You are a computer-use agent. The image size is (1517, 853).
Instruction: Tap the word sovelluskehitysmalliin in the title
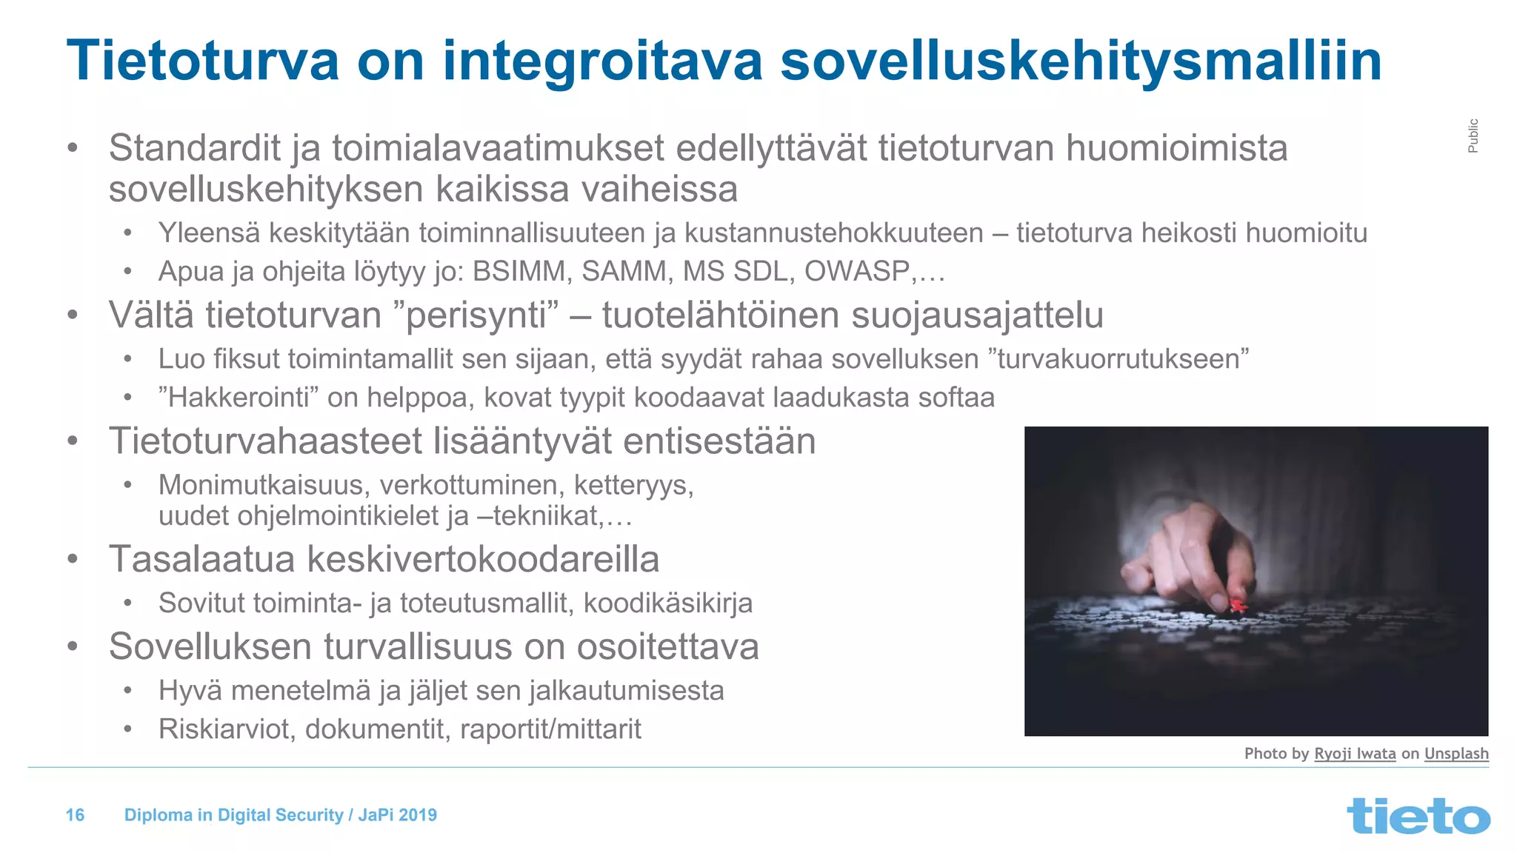1081,61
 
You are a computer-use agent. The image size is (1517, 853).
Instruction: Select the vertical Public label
1473,136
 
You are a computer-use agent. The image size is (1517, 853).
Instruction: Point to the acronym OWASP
857,272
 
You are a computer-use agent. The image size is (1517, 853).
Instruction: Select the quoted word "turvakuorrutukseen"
1118,359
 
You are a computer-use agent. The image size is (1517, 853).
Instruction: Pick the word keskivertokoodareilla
483,559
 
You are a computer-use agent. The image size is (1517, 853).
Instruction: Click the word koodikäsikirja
668,603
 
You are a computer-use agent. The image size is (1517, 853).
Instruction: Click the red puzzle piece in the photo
1236,606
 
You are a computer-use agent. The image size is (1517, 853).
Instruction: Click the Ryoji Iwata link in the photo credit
1355,754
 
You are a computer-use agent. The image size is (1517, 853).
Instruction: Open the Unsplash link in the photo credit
1456,754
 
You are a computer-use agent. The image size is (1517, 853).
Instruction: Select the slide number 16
75,815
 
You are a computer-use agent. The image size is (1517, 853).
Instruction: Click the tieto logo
1418,816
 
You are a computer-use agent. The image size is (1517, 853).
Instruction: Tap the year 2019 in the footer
418,815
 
